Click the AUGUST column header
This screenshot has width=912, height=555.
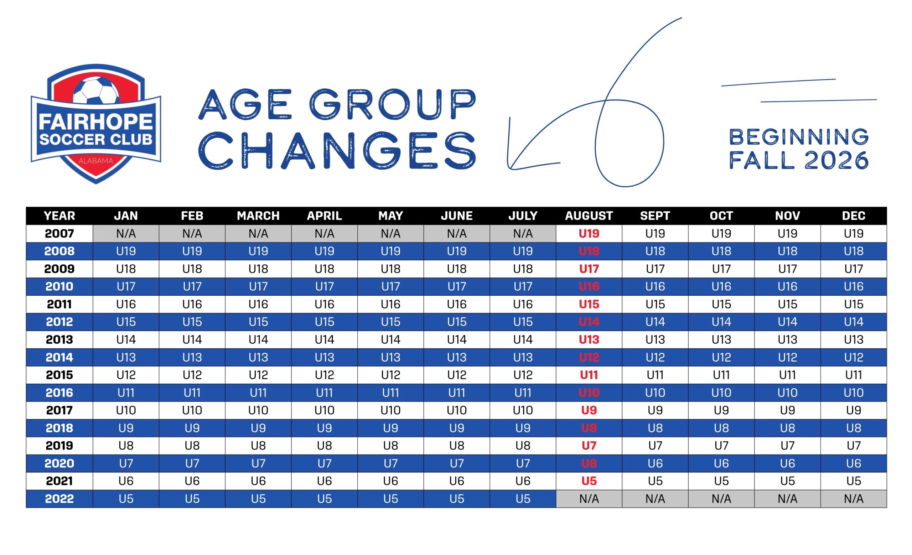589,216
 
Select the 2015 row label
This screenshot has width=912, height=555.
59,375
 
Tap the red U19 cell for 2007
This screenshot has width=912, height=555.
589,233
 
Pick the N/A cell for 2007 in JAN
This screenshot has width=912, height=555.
126,233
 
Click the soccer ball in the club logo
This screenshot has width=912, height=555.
96,90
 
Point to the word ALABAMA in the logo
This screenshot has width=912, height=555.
96,161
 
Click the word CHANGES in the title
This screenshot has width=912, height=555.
337,151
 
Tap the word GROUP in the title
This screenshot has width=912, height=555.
392,104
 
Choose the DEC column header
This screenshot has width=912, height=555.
854,216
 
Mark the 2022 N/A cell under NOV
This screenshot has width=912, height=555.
787,499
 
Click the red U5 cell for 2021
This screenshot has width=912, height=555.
589,481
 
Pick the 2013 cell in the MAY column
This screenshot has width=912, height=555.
390,339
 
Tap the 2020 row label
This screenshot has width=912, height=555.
59,463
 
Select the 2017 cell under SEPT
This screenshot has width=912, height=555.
655,410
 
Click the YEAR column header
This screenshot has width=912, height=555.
59,216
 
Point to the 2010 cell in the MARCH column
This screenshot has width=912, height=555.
258,286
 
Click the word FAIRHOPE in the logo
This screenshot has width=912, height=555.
96,121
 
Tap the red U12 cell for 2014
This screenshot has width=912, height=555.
589,357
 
